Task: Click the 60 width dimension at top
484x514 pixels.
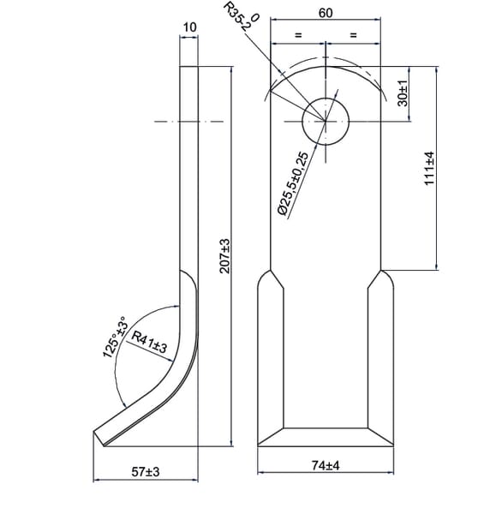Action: click(326, 13)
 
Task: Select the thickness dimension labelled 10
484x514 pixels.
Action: click(189, 27)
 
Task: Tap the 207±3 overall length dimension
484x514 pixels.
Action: click(224, 256)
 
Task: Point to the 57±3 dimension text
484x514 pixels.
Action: click(146, 472)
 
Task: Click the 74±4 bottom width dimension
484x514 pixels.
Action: click(326, 465)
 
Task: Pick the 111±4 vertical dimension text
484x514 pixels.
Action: click(429, 168)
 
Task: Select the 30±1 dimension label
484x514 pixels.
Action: click(403, 93)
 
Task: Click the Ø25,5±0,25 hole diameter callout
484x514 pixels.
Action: click(293, 183)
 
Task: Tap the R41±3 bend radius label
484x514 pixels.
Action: click(149, 342)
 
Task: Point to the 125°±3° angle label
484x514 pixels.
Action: click(115, 337)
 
